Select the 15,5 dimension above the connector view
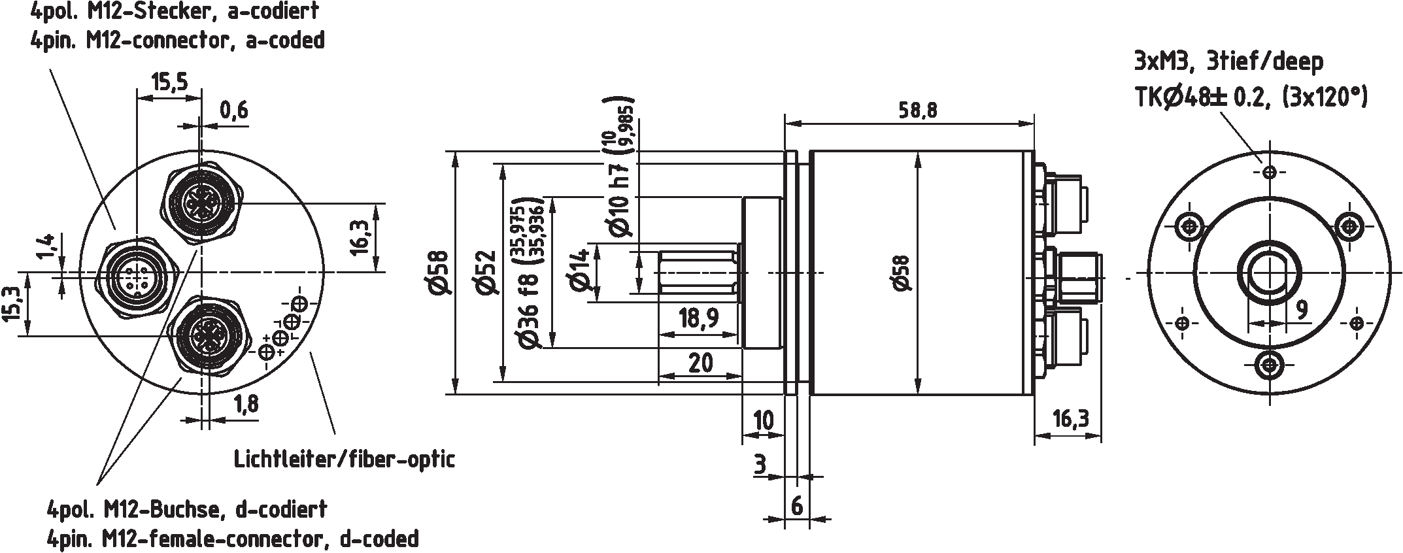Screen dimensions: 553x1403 169,82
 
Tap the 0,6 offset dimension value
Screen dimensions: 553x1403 233,110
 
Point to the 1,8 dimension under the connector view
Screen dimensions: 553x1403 245,405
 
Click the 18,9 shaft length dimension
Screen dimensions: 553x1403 698,318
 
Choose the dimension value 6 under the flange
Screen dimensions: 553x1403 796,507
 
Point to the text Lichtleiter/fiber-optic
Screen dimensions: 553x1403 345,459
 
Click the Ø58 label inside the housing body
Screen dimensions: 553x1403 900,272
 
